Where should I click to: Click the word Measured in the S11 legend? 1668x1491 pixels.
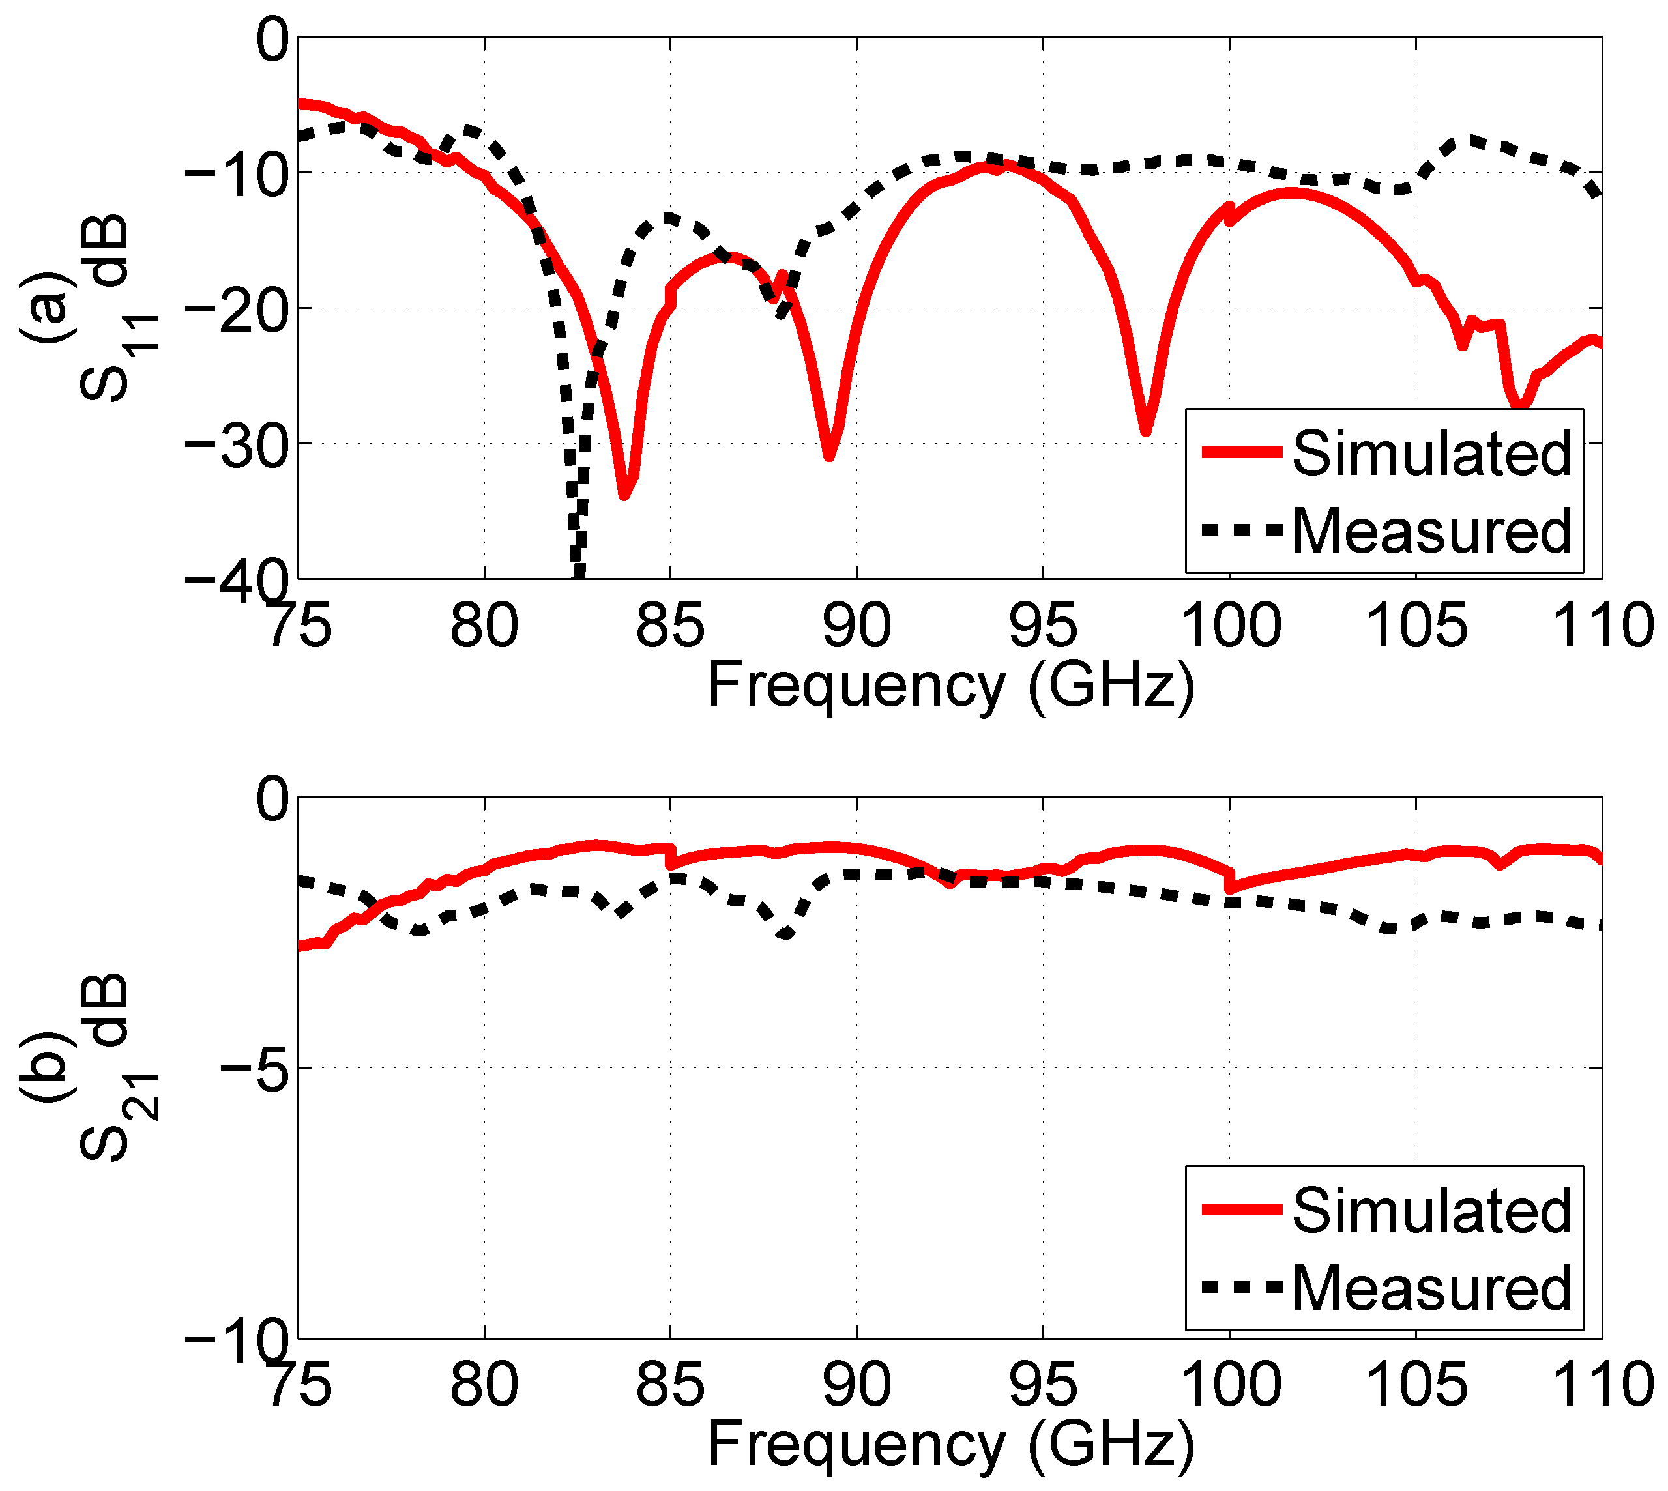click(1431, 531)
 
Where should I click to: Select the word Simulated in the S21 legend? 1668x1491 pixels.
click(1431, 1210)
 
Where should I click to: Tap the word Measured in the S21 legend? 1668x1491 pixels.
click(1431, 1288)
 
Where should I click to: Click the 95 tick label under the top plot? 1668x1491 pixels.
click(1042, 625)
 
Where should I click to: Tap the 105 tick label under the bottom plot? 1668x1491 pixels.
click(1416, 1385)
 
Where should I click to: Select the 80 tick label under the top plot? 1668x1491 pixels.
click(484, 625)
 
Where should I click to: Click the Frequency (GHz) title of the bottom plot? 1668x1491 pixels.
click(950, 1444)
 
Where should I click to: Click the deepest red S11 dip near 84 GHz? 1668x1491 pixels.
click(624, 494)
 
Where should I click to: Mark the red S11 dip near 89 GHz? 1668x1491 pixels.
click(829, 456)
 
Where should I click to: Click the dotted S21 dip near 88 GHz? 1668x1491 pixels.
click(785, 933)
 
